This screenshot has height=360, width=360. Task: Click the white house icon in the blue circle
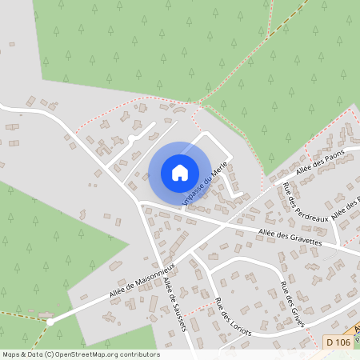[179, 172]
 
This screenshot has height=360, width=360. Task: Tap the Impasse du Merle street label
[206, 184]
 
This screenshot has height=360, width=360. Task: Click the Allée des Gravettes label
[290, 237]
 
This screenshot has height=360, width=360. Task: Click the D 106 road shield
[338, 342]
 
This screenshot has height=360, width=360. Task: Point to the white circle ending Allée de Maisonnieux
[50, 321]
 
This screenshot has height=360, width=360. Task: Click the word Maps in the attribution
[11, 354]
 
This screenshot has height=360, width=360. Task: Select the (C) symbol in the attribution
[49, 354]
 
